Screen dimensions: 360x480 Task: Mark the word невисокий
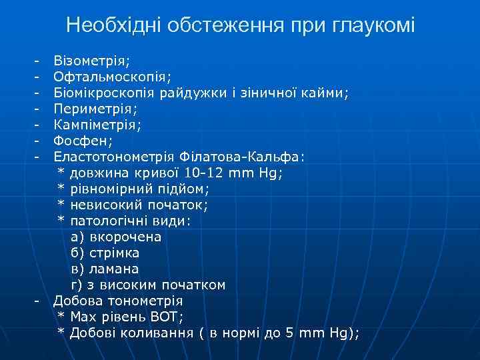[103, 205]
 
